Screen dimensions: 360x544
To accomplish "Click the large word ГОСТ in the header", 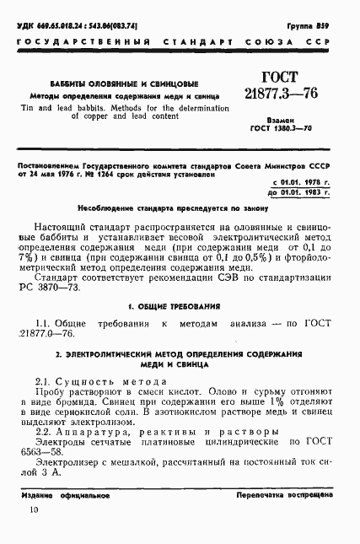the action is pos(287,75).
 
